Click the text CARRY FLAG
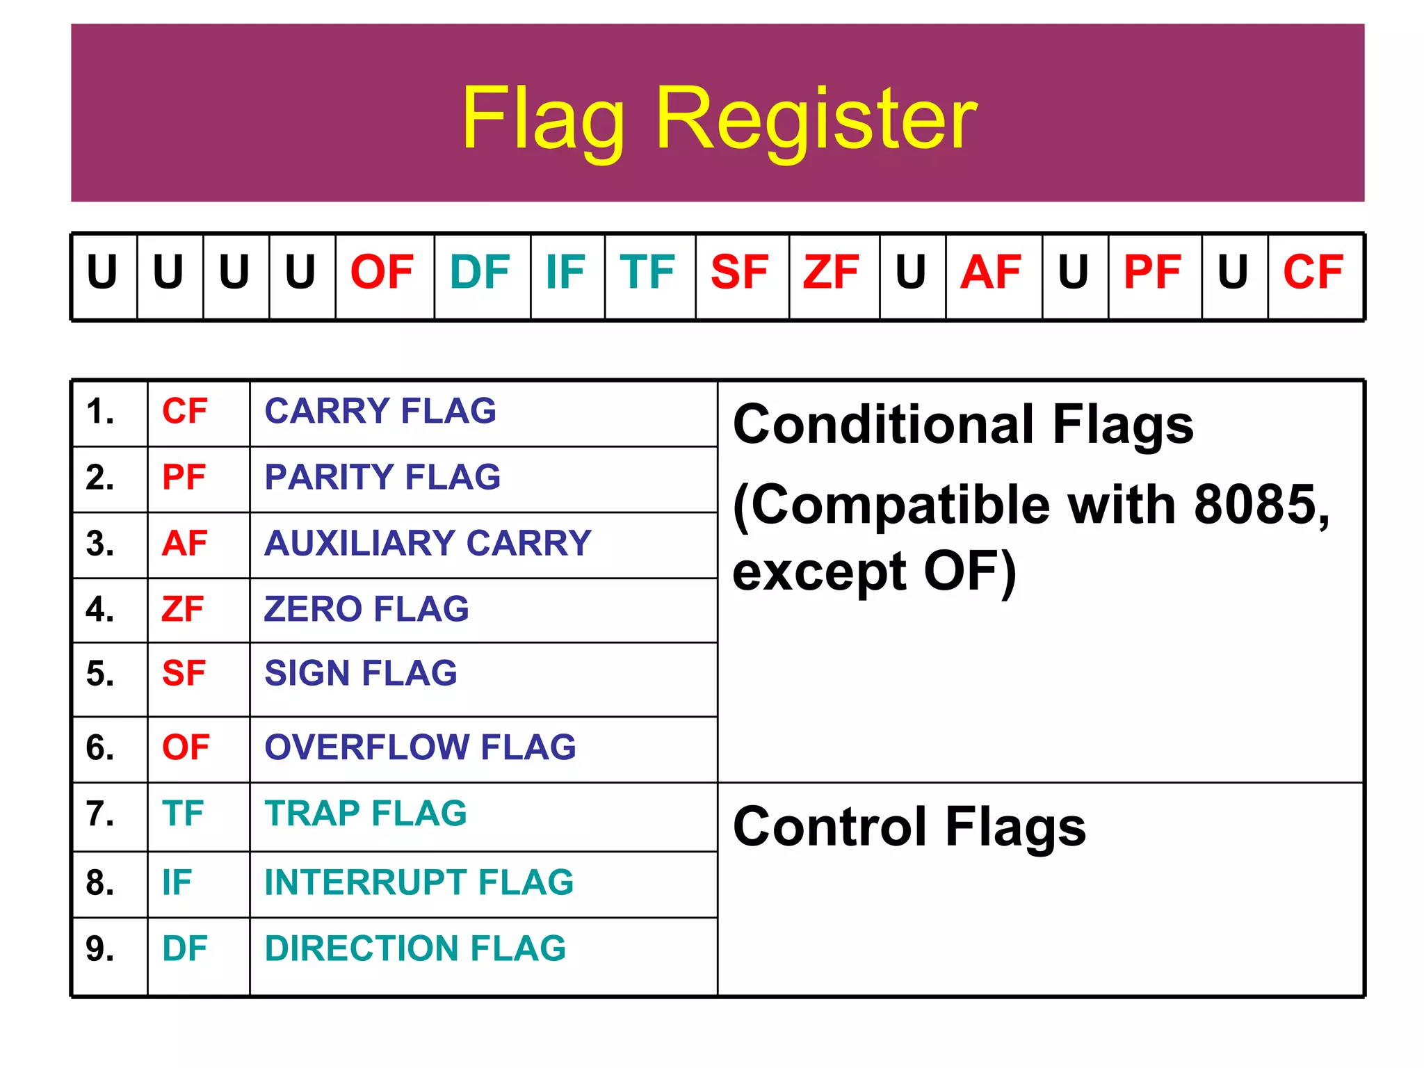pyautogui.click(x=380, y=411)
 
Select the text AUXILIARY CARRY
pyautogui.click(x=428, y=543)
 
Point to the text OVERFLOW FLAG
pyautogui.click(x=420, y=747)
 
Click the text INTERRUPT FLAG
pyautogui.click(x=419, y=882)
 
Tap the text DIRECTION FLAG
pyautogui.click(x=415, y=948)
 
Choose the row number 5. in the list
pyautogui.click(x=100, y=674)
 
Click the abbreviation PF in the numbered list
pyautogui.click(x=184, y=478)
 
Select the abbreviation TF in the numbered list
pyautogui.click(x=183, y=814)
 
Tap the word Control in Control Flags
pyautogui.click(x=831, y=827)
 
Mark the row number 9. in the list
pyautogui.click(x=100, y=949)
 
